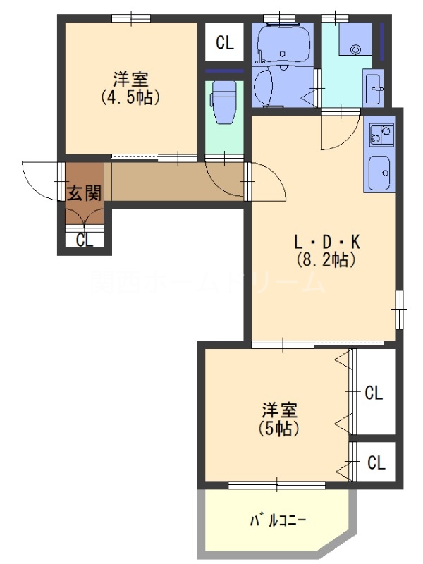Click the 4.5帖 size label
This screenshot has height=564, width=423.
[x=130, y=97]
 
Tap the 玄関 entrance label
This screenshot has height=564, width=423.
[x=84, y=191]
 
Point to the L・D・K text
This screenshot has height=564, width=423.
[x=327, y=242]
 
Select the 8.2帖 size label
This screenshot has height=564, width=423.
[x=326, y=259]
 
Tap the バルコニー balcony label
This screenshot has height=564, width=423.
[x=277, y=521]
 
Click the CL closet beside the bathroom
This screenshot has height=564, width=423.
[x=225, y=44]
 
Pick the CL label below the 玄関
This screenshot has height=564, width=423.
[x=85, y=240]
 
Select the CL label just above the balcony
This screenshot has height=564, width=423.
[x=376, y=463]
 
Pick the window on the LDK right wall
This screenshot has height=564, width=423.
[x=400, y=308]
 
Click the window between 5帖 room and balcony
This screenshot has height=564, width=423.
[x=277, y=484]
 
